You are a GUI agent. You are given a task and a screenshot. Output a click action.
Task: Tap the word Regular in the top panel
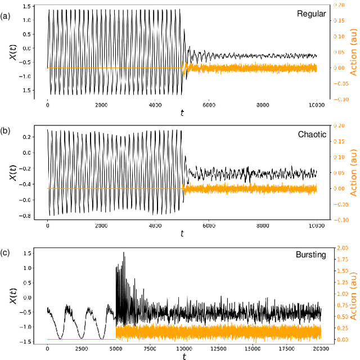pyautogui.click(x=311, y=14)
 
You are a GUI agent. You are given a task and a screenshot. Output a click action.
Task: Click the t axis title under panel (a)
pyautogui.click(x=182, y=113)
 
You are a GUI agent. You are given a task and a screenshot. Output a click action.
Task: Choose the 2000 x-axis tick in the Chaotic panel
pyautogui.click(x=101, y=226)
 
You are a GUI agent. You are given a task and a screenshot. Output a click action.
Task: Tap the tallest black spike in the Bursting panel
pyautogui.click(x=124, y=253)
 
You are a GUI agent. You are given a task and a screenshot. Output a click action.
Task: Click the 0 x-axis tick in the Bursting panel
pyautogui.click(x=48, y=349)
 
